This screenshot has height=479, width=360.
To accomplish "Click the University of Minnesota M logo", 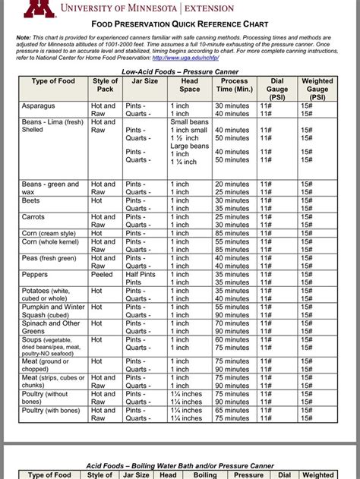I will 39,8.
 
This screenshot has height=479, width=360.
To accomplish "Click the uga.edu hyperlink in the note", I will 182,57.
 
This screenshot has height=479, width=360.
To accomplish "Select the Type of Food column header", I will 54,81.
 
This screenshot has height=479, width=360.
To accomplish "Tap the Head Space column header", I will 189,85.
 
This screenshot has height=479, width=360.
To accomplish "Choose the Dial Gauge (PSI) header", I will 277,89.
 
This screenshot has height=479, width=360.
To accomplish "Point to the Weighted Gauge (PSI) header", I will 317,89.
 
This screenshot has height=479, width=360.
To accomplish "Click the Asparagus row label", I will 38,106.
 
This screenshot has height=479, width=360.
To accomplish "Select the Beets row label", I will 32,200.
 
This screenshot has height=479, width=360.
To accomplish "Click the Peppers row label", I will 35,274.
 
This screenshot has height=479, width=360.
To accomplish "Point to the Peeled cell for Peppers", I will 103,274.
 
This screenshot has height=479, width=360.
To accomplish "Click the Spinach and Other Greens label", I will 50,327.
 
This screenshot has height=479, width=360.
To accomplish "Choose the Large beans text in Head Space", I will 189,146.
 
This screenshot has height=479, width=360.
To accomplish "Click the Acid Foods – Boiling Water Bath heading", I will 179,464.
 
